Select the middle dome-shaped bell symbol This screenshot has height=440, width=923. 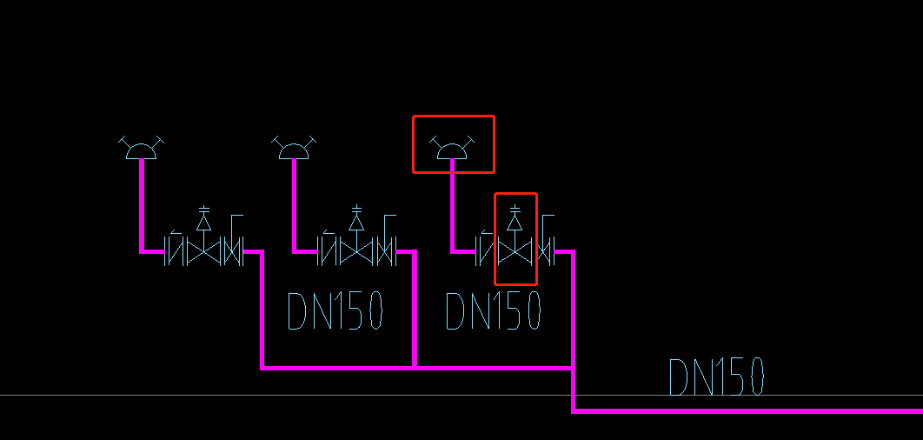pyautogui.click(x=294, y=150)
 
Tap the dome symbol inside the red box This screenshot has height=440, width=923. pyautogui.click(x=452, y=150)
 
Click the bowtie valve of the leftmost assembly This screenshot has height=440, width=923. pyautogui.click(x=204, y=252)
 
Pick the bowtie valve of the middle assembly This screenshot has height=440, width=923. pyautogui.click(x=356, y=252)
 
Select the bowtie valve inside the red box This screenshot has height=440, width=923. pyautogui.click(x=515, y=252)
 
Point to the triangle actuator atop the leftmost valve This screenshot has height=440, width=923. pyautogui.click(x=204, y=222)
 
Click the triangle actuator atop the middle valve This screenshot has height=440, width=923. pyautogui.click(x=356, y=222)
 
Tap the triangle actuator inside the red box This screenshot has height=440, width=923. pyautogui.click(x=515, y=222)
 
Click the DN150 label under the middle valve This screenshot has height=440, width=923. pyautogui.click(x=335, y=311)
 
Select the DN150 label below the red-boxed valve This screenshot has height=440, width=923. pyautogui.click(x=493, y=311)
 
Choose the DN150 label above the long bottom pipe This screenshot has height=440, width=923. pyautogui.click(x=716, y=377)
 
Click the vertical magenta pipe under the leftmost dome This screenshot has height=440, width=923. pyautogui.click(x=141, y=204)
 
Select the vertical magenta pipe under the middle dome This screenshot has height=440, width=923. pyautogui.click(x=294, y=204)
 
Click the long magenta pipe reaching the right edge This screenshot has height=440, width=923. pyautogui.click(x=747, y=410)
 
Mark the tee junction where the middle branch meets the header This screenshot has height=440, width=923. pyautogui.click(x=415, y=367)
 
